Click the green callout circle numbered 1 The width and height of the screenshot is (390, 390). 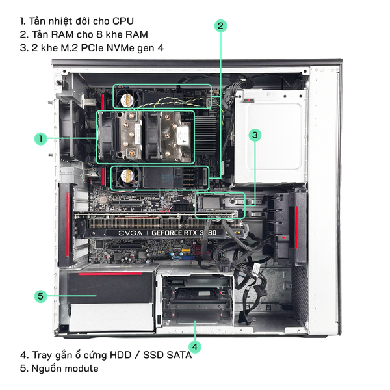tap(41, 138)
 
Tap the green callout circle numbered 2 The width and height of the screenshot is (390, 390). tap(220, 26)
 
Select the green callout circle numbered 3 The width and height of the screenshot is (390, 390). tap(255, 135)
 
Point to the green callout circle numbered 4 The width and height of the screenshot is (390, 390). tap(195, 346)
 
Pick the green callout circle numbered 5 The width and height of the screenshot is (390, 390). tap(41, 296)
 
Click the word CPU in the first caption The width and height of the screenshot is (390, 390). tap(123, 21)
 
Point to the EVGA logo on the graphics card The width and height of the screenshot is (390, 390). tap(131, 233)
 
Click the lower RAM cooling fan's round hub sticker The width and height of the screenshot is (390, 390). tap(127, 175)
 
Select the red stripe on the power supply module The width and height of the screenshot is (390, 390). tap(110, 274)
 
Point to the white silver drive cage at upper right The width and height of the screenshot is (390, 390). tap(270, 136)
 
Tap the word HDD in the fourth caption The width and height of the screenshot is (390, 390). tap(121, 355)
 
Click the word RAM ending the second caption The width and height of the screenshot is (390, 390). tap(136, 34)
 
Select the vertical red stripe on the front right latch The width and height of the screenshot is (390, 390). tap(297, 227)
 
